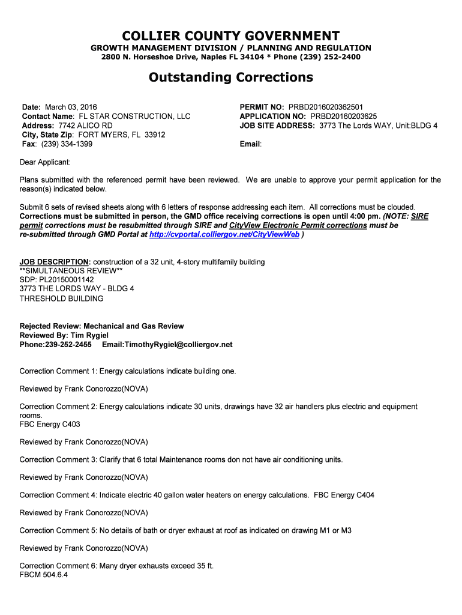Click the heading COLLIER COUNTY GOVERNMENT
coord(231,35)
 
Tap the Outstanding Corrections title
coord(231,77)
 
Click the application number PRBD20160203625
coord(344,117)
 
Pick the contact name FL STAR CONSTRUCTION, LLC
coord(135,117)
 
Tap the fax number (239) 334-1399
coord(67,145)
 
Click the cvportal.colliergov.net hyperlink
coord(224,235)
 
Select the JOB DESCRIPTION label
coord(55,262)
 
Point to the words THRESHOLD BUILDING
coord(61,298)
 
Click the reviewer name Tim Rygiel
coord(89,335)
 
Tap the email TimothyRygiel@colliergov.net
coord(167,345)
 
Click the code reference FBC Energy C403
coord(50,425)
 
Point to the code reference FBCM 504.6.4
coord(44,575)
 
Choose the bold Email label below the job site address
coord(250,145)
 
